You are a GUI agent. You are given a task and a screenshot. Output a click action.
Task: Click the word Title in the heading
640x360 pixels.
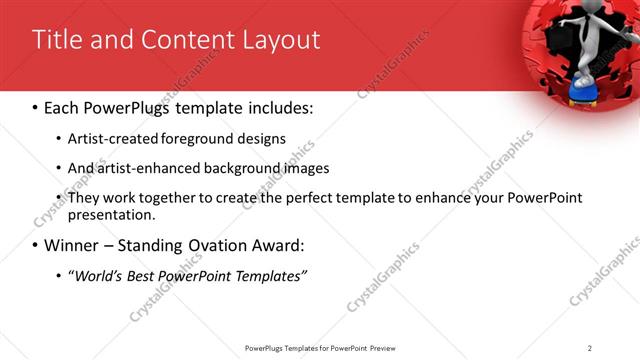(56, 40)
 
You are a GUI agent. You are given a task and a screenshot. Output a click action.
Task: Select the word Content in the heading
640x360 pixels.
(180, 40)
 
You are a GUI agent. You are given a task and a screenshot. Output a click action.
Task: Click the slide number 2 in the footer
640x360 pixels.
(590, 348)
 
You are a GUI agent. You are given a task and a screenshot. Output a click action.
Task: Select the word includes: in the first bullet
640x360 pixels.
(278, 107)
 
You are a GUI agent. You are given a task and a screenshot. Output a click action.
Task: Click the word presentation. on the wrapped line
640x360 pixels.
(111, 214)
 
